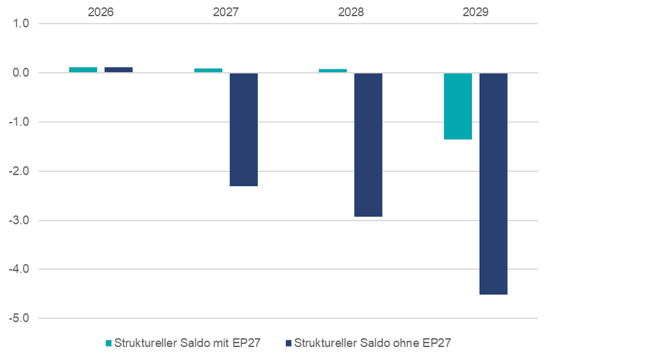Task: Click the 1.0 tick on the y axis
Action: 21,24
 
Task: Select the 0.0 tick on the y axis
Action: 21,73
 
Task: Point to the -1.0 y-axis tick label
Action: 20,122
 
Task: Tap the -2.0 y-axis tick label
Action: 20,171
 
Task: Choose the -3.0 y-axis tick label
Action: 20,221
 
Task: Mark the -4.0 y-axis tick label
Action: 20,269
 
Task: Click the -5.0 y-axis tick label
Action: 20,318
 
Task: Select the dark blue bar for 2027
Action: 244,130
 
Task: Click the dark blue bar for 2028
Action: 368,145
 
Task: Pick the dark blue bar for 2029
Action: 493,184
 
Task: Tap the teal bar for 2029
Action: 458,106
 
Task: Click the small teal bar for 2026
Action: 83,69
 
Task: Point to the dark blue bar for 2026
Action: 119,69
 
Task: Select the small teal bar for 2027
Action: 208,70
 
